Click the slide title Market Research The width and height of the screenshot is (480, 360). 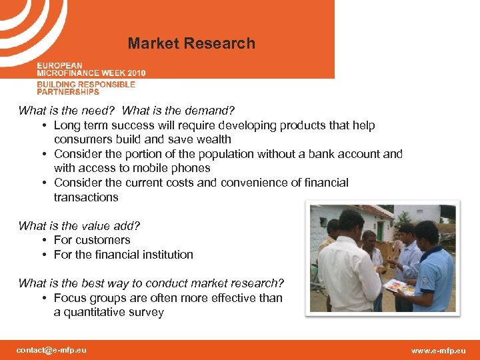point(191,44)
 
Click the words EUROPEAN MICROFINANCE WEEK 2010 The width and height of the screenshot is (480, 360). point(91,69)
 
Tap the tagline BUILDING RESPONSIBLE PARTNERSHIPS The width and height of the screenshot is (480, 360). point(86,88)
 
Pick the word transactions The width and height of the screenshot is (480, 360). point(86,197)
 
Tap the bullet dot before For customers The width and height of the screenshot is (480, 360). point(43,241)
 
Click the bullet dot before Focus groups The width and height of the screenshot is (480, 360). point(43,298)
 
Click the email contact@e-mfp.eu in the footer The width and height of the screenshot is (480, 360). point(51,350)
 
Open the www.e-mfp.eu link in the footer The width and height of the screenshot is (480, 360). point(438,351)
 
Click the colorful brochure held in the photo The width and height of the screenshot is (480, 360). point(399,287)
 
